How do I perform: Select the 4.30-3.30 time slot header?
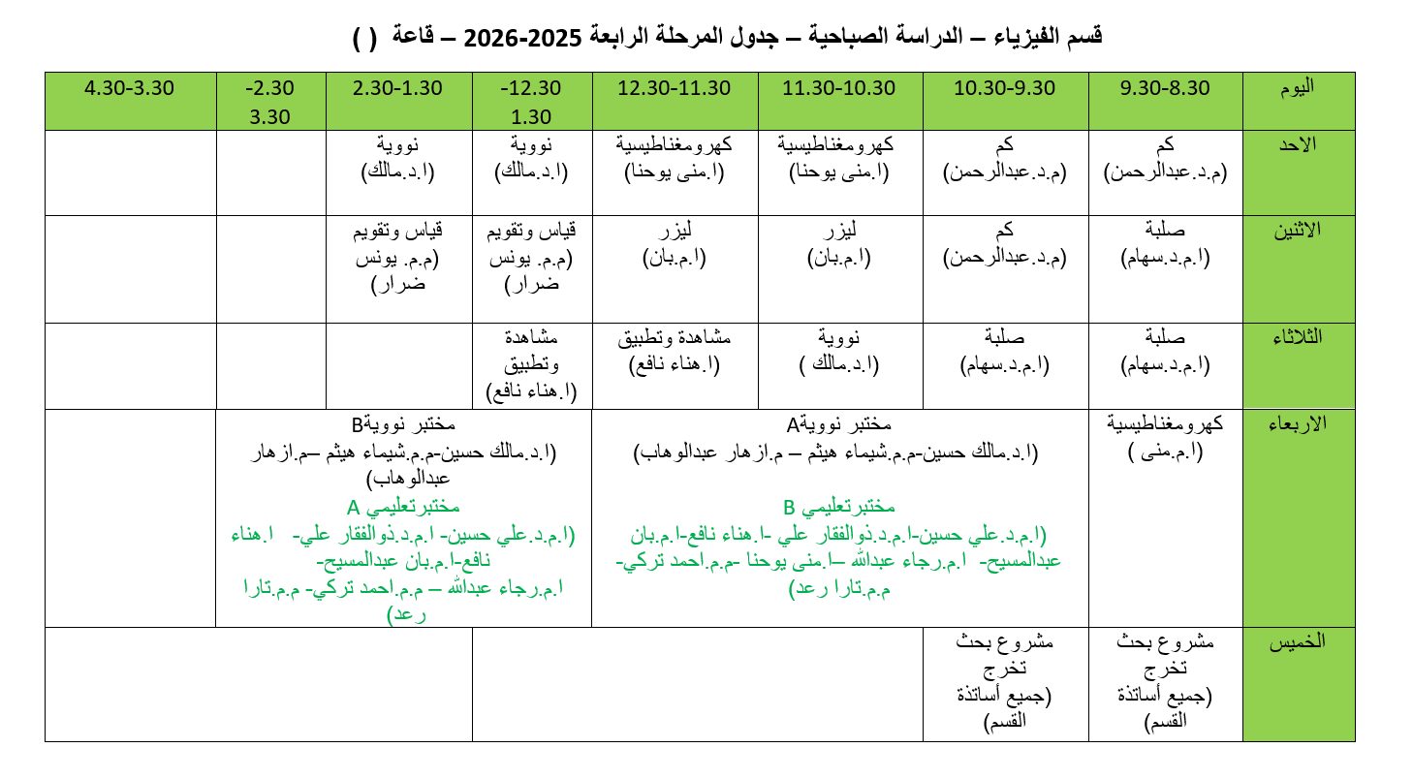tap(129, 87)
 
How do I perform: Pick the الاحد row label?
tap(1298, 145)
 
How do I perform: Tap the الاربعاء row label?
tap(1298, 424)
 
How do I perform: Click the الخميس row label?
tap(1298, 641)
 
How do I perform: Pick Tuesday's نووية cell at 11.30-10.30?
tap(840, 350)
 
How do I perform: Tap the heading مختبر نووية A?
tap(838, 424)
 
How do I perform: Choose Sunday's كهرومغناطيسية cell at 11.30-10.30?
tap(840, 158)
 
